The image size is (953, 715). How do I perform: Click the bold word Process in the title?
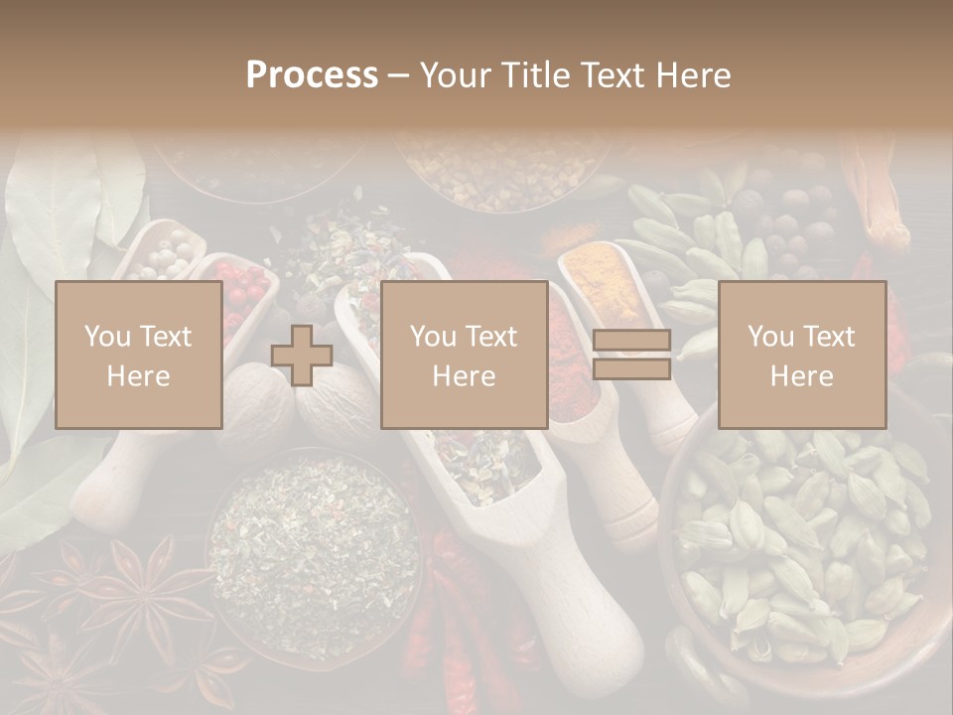(312, 75)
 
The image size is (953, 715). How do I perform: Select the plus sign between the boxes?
(302, 356)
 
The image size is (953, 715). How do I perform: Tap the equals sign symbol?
(631, 356)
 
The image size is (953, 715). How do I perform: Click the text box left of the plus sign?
(138, 356)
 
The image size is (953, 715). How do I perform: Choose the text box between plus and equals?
(464, 356)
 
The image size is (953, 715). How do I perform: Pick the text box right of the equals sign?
(801, 356)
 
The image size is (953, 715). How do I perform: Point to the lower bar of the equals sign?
(631, 369)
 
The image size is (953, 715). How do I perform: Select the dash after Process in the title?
(398, 76)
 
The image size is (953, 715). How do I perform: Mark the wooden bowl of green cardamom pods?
(804, 546)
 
